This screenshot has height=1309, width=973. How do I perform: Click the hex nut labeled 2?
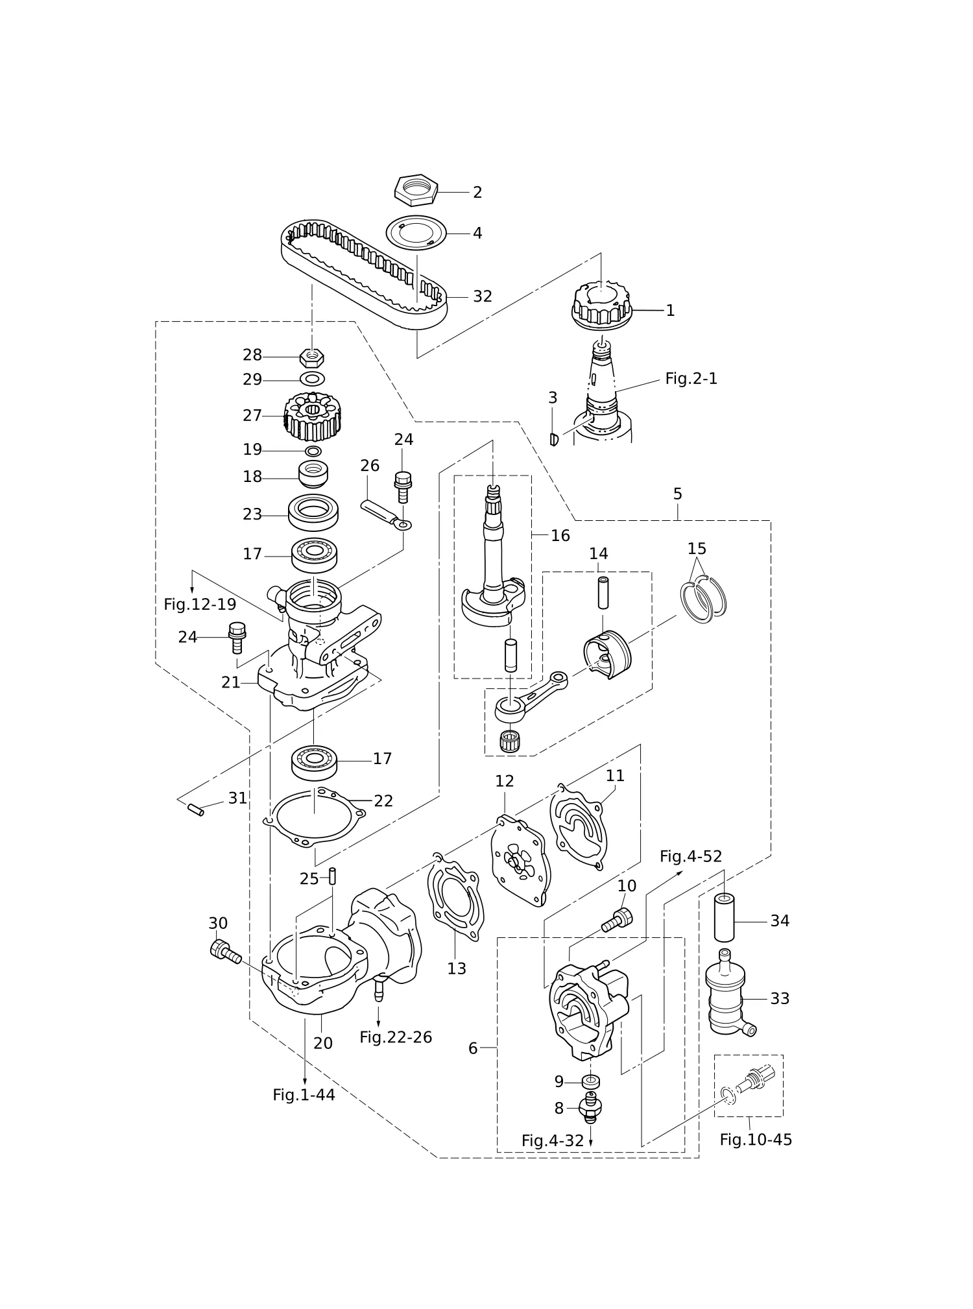click(x=416, y=189)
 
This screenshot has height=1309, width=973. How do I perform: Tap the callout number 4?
click(x=477, y=233)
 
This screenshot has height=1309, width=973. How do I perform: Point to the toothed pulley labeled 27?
click(x=313, y=415)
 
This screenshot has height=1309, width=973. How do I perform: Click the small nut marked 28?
click(x=312, y=357)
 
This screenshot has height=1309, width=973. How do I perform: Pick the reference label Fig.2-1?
click(x=691, y=379)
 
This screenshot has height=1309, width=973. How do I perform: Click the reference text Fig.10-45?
click(x=756, y=1140)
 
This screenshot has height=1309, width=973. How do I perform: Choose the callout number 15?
click(x=697, y=549)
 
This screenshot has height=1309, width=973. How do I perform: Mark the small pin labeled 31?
click(x=196, y=810)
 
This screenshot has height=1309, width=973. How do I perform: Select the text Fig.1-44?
click(x=304, y=1095)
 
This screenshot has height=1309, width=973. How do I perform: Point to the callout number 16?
click(x=560, y=536)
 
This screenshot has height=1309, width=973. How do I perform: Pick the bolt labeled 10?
click(x=617, y=920)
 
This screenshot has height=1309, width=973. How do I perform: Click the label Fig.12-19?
click(x=200, y=605)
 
